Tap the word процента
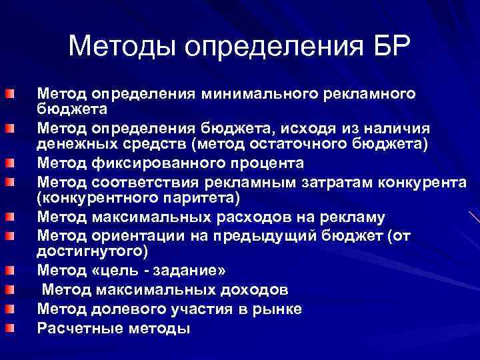(x=264, y=163)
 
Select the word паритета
(x=199, y=199)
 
